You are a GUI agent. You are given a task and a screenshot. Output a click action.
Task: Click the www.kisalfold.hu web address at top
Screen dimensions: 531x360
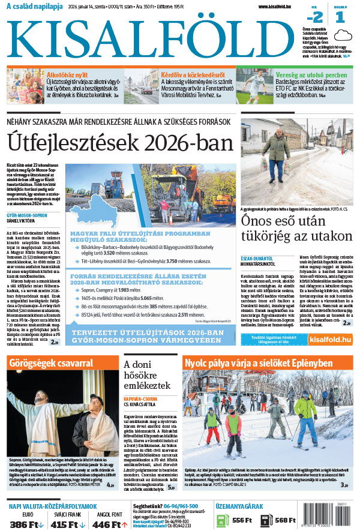[x=280, y=7]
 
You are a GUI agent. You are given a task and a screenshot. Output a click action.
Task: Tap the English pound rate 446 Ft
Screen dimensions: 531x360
[x=107, y=524]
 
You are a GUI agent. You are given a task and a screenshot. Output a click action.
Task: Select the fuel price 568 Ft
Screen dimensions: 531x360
[x=286, y=520]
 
